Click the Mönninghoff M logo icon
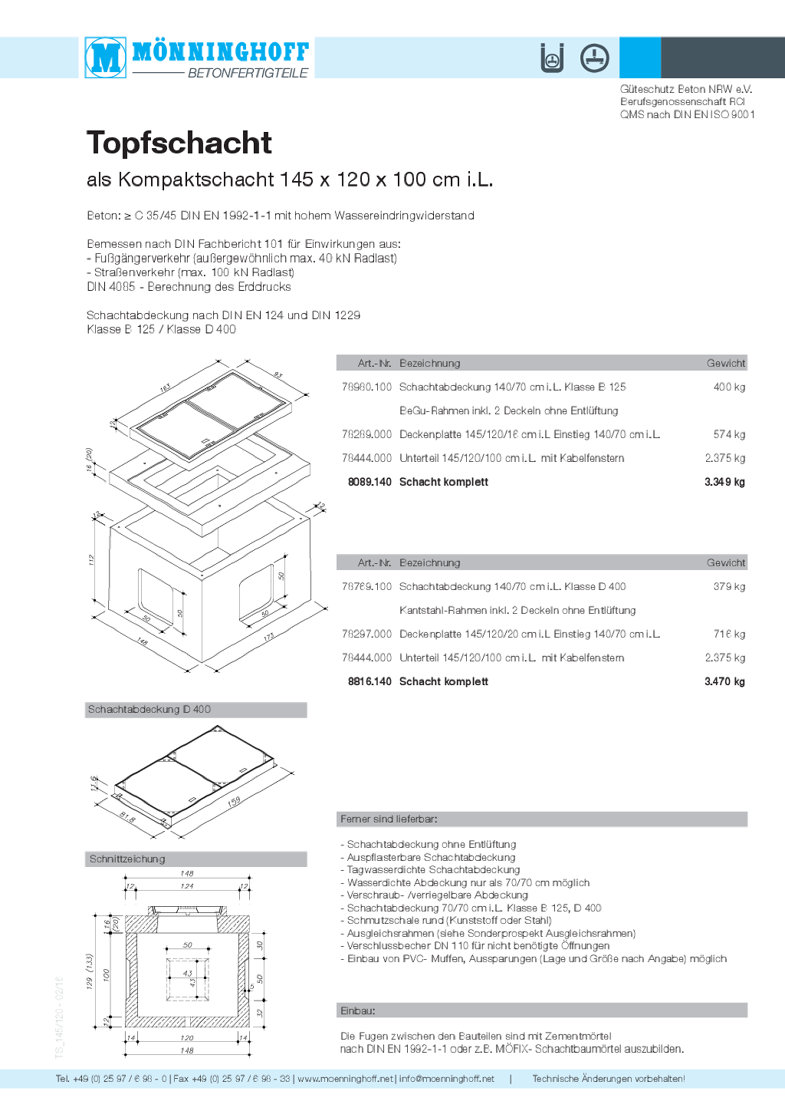pyautogui.click(x=106, y=57)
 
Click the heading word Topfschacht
pyautogui.click(x=179, y=143)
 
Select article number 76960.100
pyautogui.click(x=366, y=387)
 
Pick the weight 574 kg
pyautogui.click(x=729, y=434)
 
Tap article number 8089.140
pyautogui.click(x=370, y=482)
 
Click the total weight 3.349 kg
pyautogui.click(x=724, y=482)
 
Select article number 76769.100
pyautogui.click(x=366, y=586)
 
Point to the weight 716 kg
pyautogui.click(x=729, y=634)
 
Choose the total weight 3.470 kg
pyautogui.click(x=724, y=681)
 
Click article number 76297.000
pyautogui.click(x=366, y=634)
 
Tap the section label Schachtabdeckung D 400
pyautogui.click(x=149, y=710)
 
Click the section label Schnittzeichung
pyautogui.click(x=127, y=859)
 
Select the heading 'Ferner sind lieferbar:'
pyautogui.click(x=389, y=819)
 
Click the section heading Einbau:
pyautogui.click(x=358, y=1010)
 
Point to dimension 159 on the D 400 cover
pyautogui.click(x=234, y=802)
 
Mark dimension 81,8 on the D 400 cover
pyautogui.click(x=127, y=819)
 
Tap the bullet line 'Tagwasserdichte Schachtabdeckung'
pyautogui.click(x=433, y=870)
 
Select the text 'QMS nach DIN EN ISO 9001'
pyautogui.click(x=687, y=114)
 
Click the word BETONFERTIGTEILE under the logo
pyautogui.click(x=248, y=73)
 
